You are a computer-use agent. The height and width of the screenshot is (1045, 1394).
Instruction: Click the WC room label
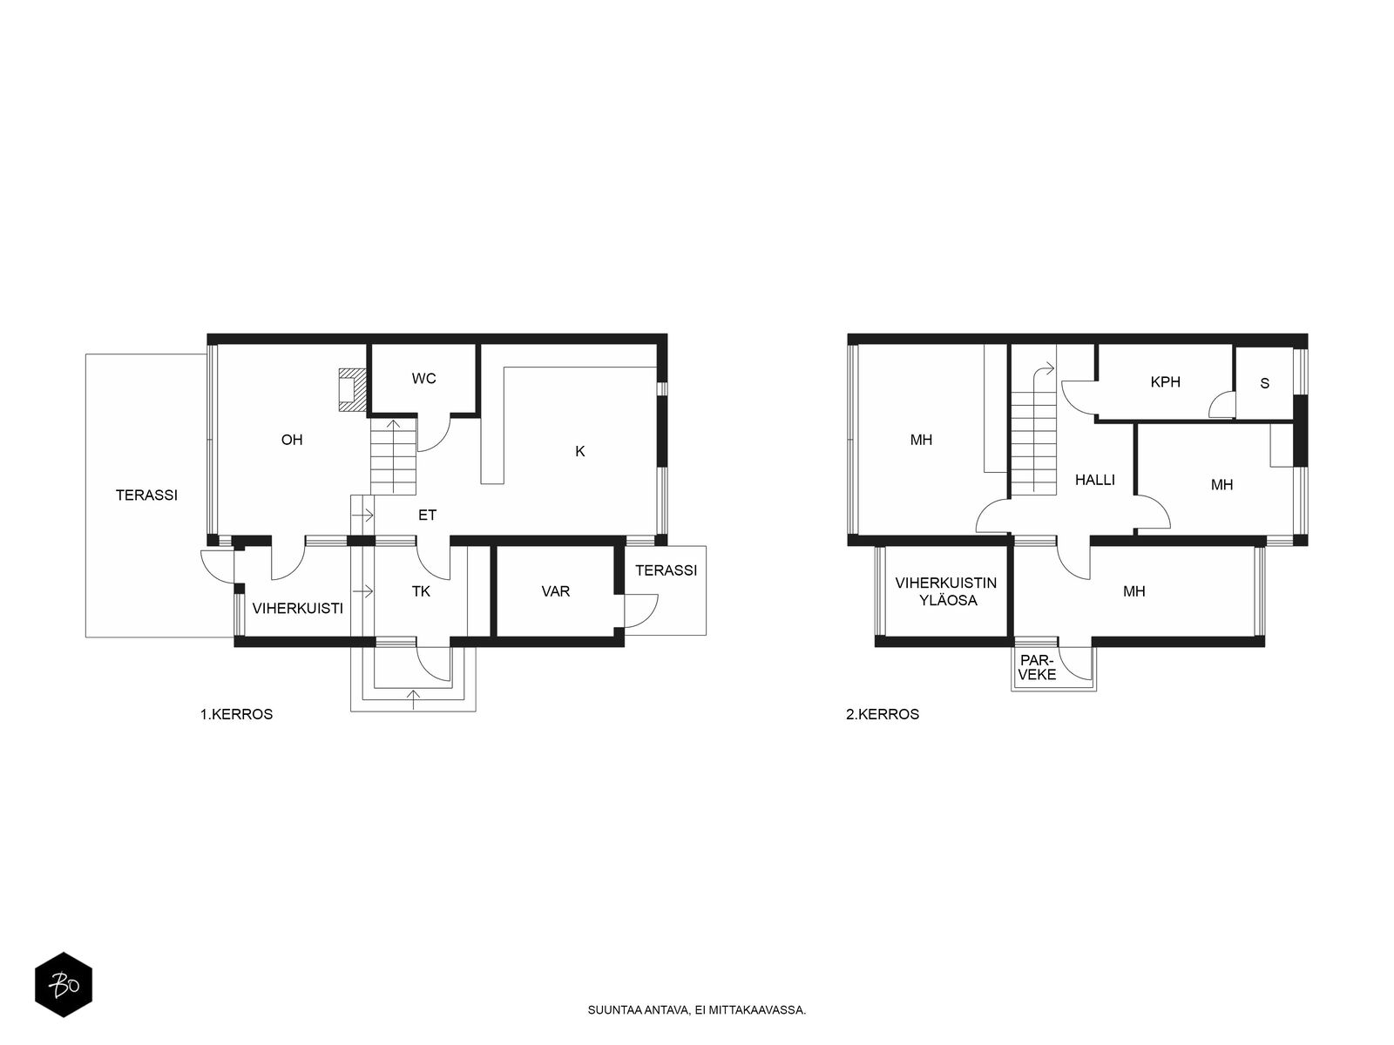(423, 379)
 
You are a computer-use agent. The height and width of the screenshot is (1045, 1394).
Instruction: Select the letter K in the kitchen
(579, 451)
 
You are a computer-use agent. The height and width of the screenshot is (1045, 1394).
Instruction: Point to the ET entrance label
(428, 516)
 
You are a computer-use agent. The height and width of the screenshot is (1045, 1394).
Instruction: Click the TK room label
(421, 591)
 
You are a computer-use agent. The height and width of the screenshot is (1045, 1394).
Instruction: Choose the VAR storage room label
(556, 591)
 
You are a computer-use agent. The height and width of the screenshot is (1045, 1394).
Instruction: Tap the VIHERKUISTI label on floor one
(297, 609)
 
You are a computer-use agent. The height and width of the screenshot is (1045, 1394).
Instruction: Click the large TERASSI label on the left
(146, 495)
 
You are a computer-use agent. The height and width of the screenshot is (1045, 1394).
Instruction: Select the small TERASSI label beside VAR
(667, 570)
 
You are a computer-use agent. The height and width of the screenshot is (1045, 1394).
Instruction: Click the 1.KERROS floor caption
(236, 714)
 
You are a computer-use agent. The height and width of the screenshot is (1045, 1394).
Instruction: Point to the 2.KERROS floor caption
(883, 714)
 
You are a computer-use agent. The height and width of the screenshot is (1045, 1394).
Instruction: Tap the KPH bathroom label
(1166, 382)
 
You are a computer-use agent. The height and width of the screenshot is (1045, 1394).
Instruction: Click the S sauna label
(1264, 383)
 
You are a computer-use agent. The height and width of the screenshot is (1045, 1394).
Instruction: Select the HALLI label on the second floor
(1095, 481)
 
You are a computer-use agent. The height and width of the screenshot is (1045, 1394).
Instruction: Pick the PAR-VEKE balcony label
(1037, 667)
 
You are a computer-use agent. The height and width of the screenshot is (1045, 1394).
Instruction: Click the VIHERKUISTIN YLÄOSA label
(946, 591)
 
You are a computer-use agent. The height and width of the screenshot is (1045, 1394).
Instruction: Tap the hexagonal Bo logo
(64, 985)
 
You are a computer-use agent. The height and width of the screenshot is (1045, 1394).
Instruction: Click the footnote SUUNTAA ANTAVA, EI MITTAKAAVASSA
(697, 1010)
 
